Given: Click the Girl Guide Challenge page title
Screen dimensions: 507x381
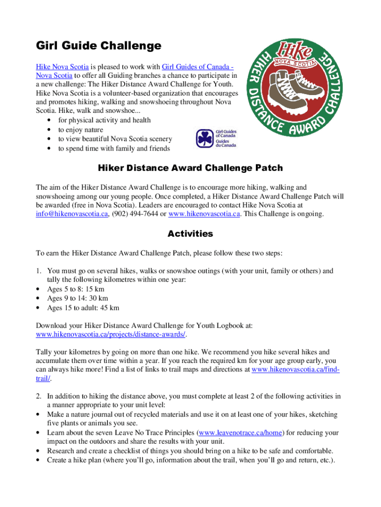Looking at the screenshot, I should (x=98, y=46).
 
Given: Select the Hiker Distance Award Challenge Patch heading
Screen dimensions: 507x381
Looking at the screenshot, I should (x=190, y=168).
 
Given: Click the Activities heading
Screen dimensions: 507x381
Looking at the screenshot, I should (x=190, y=233).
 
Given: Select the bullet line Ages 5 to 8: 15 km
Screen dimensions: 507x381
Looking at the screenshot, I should (x=75, y=289).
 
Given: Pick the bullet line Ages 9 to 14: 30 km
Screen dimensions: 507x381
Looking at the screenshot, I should (x=77, y=298).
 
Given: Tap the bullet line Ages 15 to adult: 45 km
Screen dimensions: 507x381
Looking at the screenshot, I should (x=83, y=307).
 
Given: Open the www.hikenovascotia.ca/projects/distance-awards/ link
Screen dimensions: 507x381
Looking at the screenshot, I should (x=111, y=334).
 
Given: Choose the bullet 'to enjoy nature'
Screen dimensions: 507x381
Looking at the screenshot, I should (x=81, y=130).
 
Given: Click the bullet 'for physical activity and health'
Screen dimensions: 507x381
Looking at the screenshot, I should (x=104, y=120).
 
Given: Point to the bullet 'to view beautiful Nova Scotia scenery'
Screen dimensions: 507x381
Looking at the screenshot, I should (x=115, y=139).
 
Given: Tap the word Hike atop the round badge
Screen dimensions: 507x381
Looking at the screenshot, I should (x=295, y=51).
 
